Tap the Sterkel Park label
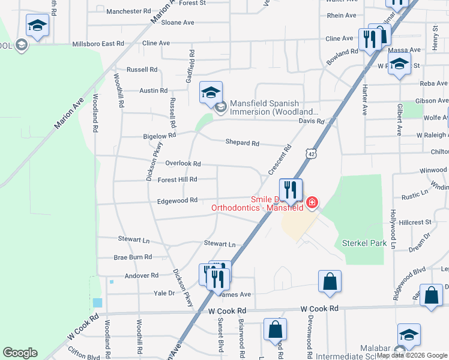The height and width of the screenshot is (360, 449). tap(364, 243)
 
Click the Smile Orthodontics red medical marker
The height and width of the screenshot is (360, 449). tap(312, 203)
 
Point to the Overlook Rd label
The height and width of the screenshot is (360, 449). tap(182, 163)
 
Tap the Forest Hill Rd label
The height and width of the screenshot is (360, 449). tap(177, 179)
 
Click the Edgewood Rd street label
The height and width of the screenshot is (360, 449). tap(177, 200)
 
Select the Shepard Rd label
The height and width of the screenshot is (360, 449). tap(242, 143)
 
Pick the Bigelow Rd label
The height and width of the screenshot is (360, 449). tap(159, 136)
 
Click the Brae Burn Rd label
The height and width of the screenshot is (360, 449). tap(133, 257)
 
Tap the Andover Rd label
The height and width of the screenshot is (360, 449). tap(142, 275)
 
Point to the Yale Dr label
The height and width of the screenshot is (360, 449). tap(164, 293)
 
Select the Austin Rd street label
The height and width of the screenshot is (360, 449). tap(153, 91)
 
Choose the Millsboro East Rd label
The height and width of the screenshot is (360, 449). tap(97, 44)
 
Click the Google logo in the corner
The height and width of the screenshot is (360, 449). tap(20, 353)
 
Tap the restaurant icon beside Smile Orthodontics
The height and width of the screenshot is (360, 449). tap(291, 190)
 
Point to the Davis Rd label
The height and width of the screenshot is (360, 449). tap(312, 121)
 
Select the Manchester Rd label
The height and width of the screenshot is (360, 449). tap(128, 11)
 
